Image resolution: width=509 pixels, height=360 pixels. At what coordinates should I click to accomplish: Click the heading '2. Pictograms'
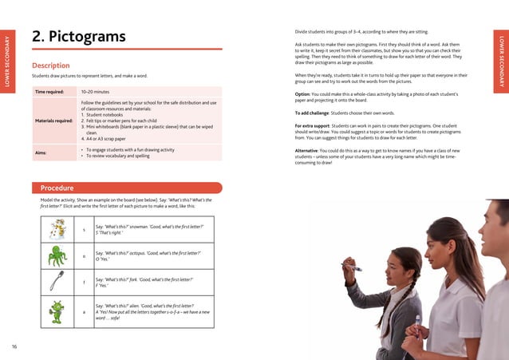(x=79, y=37)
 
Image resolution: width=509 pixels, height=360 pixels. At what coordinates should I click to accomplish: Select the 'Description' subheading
(x=50, y=65)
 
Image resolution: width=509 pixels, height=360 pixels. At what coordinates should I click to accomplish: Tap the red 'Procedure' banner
(x=57, y=188)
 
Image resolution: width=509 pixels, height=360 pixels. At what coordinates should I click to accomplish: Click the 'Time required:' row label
(x=52, y=93)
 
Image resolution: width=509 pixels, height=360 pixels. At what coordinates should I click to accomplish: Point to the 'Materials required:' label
(x=54, y=121)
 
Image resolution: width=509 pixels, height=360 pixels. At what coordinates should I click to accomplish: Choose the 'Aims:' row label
(x=41, y=152)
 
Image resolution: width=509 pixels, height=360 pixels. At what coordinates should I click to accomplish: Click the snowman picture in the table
(x=57, y=230)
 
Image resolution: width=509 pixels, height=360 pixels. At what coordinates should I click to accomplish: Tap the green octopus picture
(x=57, y=255)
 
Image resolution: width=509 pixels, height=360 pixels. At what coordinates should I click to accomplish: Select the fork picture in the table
(x=57, y=281)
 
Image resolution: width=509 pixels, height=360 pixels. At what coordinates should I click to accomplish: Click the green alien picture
(x=57, y=311)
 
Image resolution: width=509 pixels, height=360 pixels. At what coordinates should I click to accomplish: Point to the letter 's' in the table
(x=84, y=230)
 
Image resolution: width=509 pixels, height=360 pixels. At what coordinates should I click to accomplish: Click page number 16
(x=14, y=346)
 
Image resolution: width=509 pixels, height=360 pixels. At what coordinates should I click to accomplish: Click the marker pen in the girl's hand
(x=351, y=267)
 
